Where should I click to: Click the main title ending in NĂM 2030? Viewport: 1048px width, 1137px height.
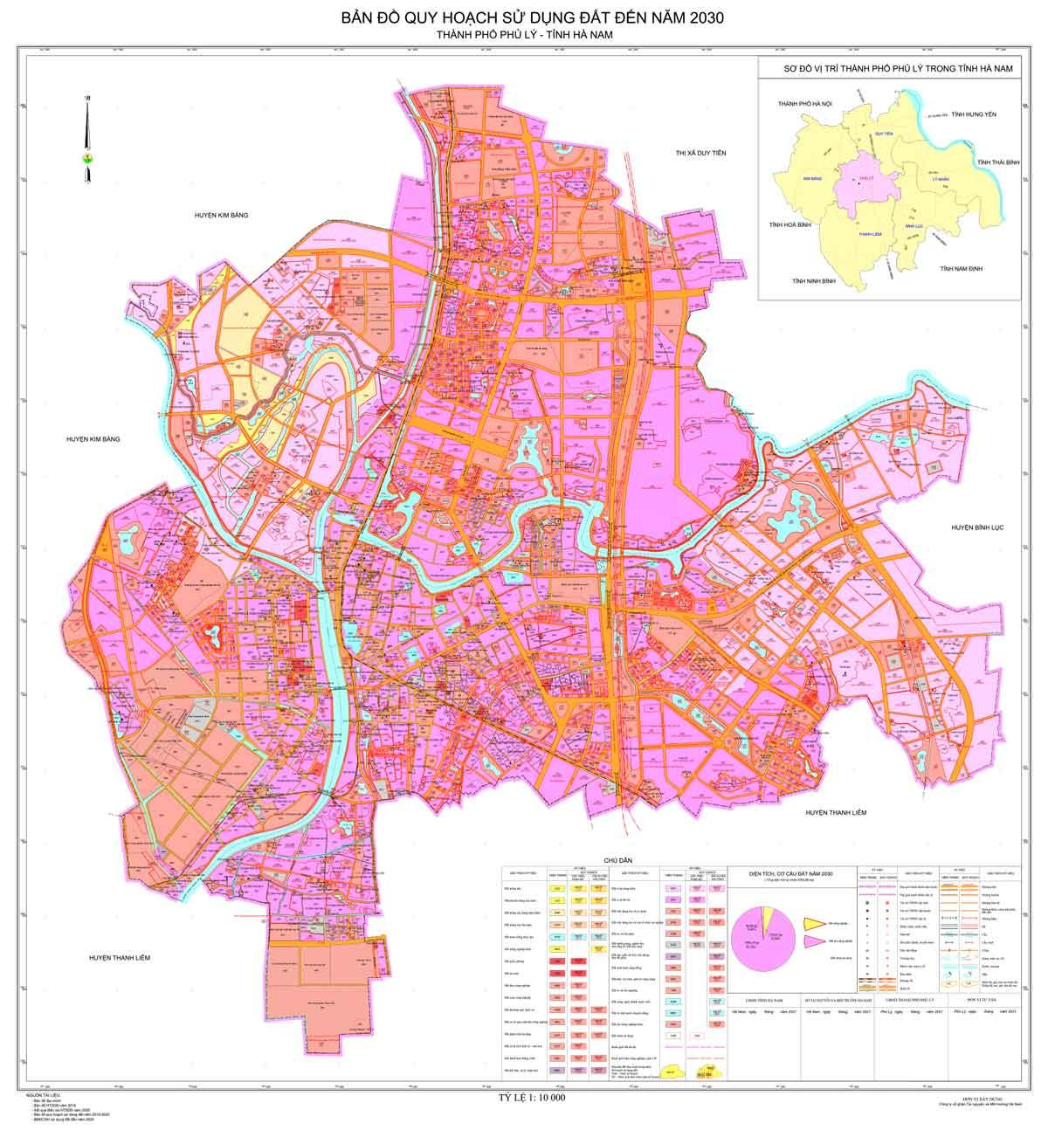[524, 17]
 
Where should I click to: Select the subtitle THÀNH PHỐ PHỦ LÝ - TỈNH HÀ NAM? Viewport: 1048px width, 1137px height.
[524, 35]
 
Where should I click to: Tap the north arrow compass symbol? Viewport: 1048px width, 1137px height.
[86, 140]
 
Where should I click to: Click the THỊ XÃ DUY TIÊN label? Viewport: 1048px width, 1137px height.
[700, 153]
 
